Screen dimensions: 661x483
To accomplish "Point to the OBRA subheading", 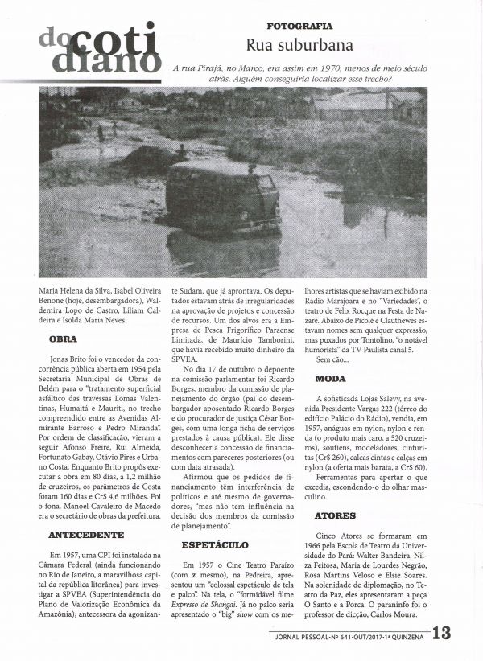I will (x=63, y=339).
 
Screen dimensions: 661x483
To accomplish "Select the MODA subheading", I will (x=330, y=377).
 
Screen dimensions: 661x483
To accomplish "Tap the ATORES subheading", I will (x=335, y=512).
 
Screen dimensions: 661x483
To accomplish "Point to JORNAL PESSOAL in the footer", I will (x=303, y=634).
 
